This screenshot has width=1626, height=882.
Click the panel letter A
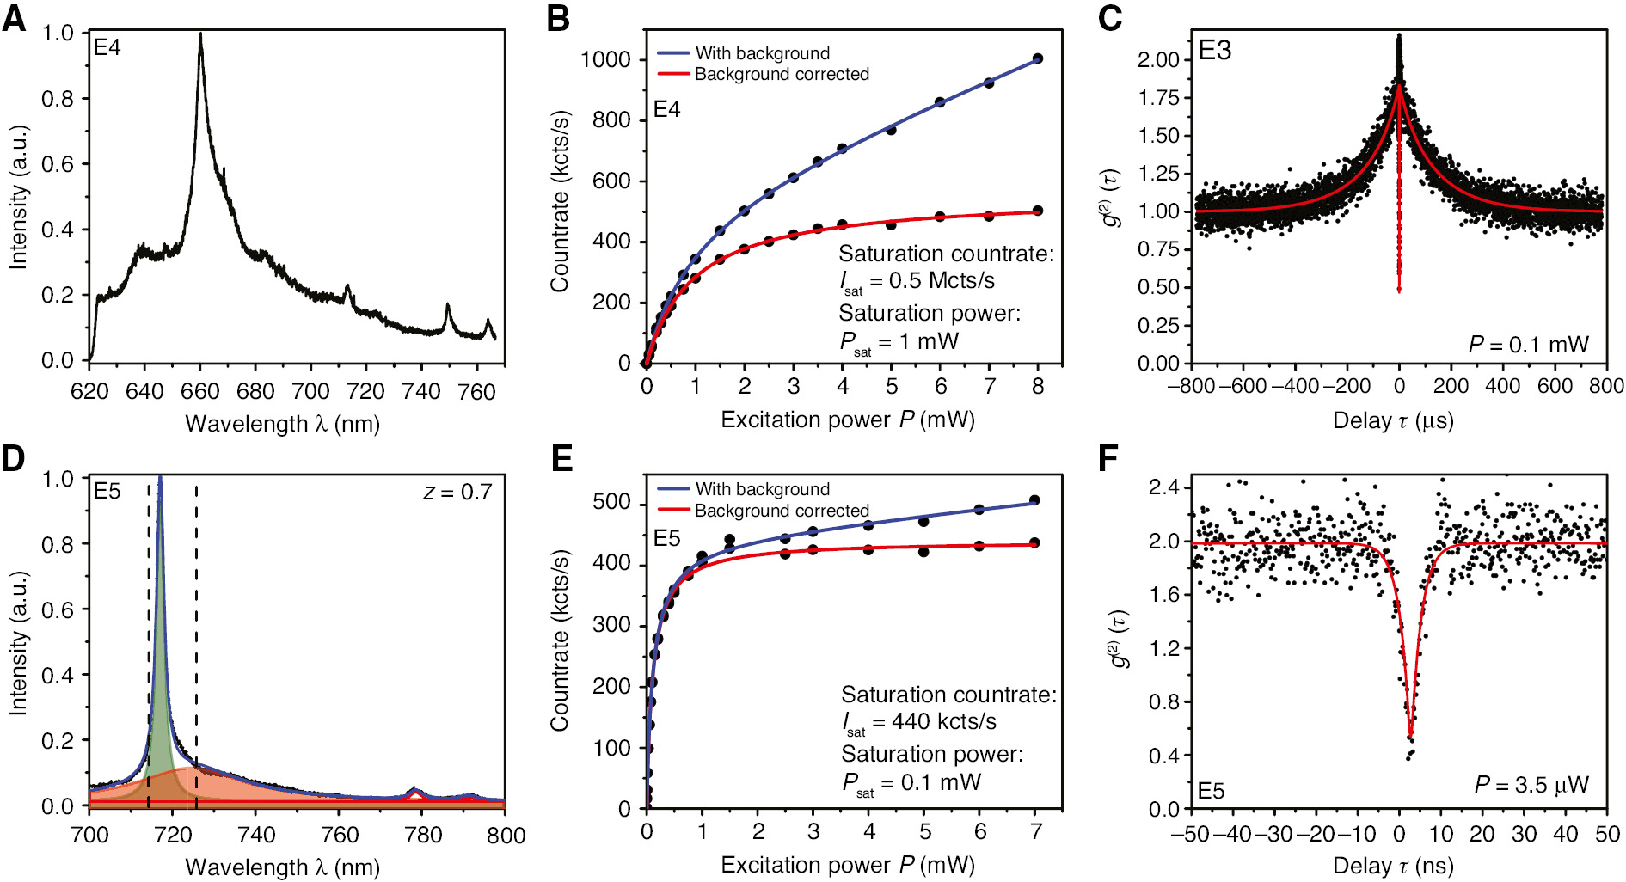click(x=15, y=19)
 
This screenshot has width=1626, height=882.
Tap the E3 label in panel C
click(x=1214, y=51)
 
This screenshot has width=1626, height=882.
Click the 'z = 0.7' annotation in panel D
click(x=457, y=492)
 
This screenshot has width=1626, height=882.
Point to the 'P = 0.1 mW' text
click(x=1528, y=345)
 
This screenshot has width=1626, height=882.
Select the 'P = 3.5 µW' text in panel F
click(x=1531, y=785)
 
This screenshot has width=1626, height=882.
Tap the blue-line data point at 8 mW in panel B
click(x=1038, y=58)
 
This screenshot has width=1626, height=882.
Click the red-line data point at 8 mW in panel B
click(x=1038, y=211)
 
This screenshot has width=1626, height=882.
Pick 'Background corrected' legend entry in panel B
click(x=781, y=74)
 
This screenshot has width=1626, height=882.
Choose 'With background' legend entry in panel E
click(x=762, y=489)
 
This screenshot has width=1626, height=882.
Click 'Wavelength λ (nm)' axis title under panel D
click(x=282, y=867)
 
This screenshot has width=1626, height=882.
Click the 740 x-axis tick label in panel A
click(x=420, y=392)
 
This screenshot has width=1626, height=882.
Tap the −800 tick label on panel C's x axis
click(x=1190, y=386)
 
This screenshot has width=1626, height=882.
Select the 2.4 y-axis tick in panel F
click(x=1163, y=487)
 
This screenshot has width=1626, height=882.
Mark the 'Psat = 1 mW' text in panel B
click(x=899, y=343)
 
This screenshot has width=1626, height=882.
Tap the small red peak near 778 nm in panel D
click(x=414, y=792)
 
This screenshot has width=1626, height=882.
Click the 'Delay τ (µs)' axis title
click(x=1393, y=421)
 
